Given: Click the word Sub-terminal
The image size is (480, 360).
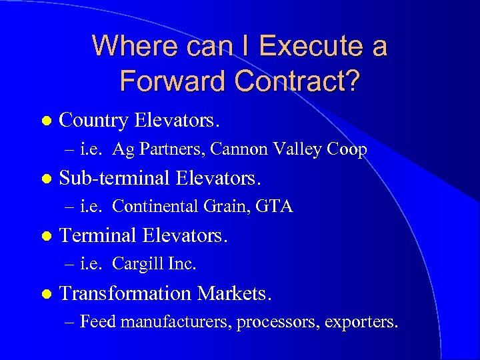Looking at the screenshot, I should point(115,179).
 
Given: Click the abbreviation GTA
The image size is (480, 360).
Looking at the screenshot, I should point(273,207).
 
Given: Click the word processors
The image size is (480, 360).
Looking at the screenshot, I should point(278,322).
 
